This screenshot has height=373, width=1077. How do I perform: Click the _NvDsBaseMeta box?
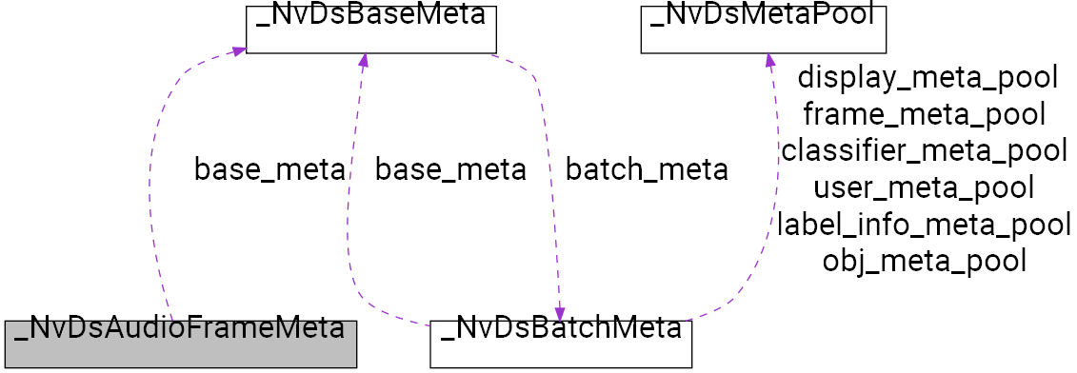tap(371, 29)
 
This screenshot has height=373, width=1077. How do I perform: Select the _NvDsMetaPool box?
tap(763, 29)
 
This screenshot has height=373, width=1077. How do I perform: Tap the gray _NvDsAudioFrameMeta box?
tap(180, 344)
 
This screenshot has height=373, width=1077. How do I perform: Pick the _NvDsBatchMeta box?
tap(560, 344)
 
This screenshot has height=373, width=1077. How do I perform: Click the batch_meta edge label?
tap(647, 170)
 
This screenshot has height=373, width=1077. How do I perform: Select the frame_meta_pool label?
tap(925, 114)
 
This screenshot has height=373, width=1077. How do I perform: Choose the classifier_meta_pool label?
tap(924, 150)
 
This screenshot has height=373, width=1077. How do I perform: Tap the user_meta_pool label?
tap(925, 187)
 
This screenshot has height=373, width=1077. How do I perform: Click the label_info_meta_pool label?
tap(924, 224)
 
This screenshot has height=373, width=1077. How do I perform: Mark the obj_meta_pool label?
tap(924, 260)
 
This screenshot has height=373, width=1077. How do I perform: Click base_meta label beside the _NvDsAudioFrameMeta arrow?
tap(269, 170)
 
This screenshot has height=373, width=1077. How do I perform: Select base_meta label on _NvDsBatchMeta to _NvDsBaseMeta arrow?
tap(450, 170)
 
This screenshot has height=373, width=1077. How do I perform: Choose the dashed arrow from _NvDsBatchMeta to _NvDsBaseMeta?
tap(349, 238)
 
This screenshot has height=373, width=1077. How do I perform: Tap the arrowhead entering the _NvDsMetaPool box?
tap(770, 62)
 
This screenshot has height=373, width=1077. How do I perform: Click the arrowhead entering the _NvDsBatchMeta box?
tap(560, 313)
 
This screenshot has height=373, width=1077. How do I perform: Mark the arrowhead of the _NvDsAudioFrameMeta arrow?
tap(238, 49)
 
